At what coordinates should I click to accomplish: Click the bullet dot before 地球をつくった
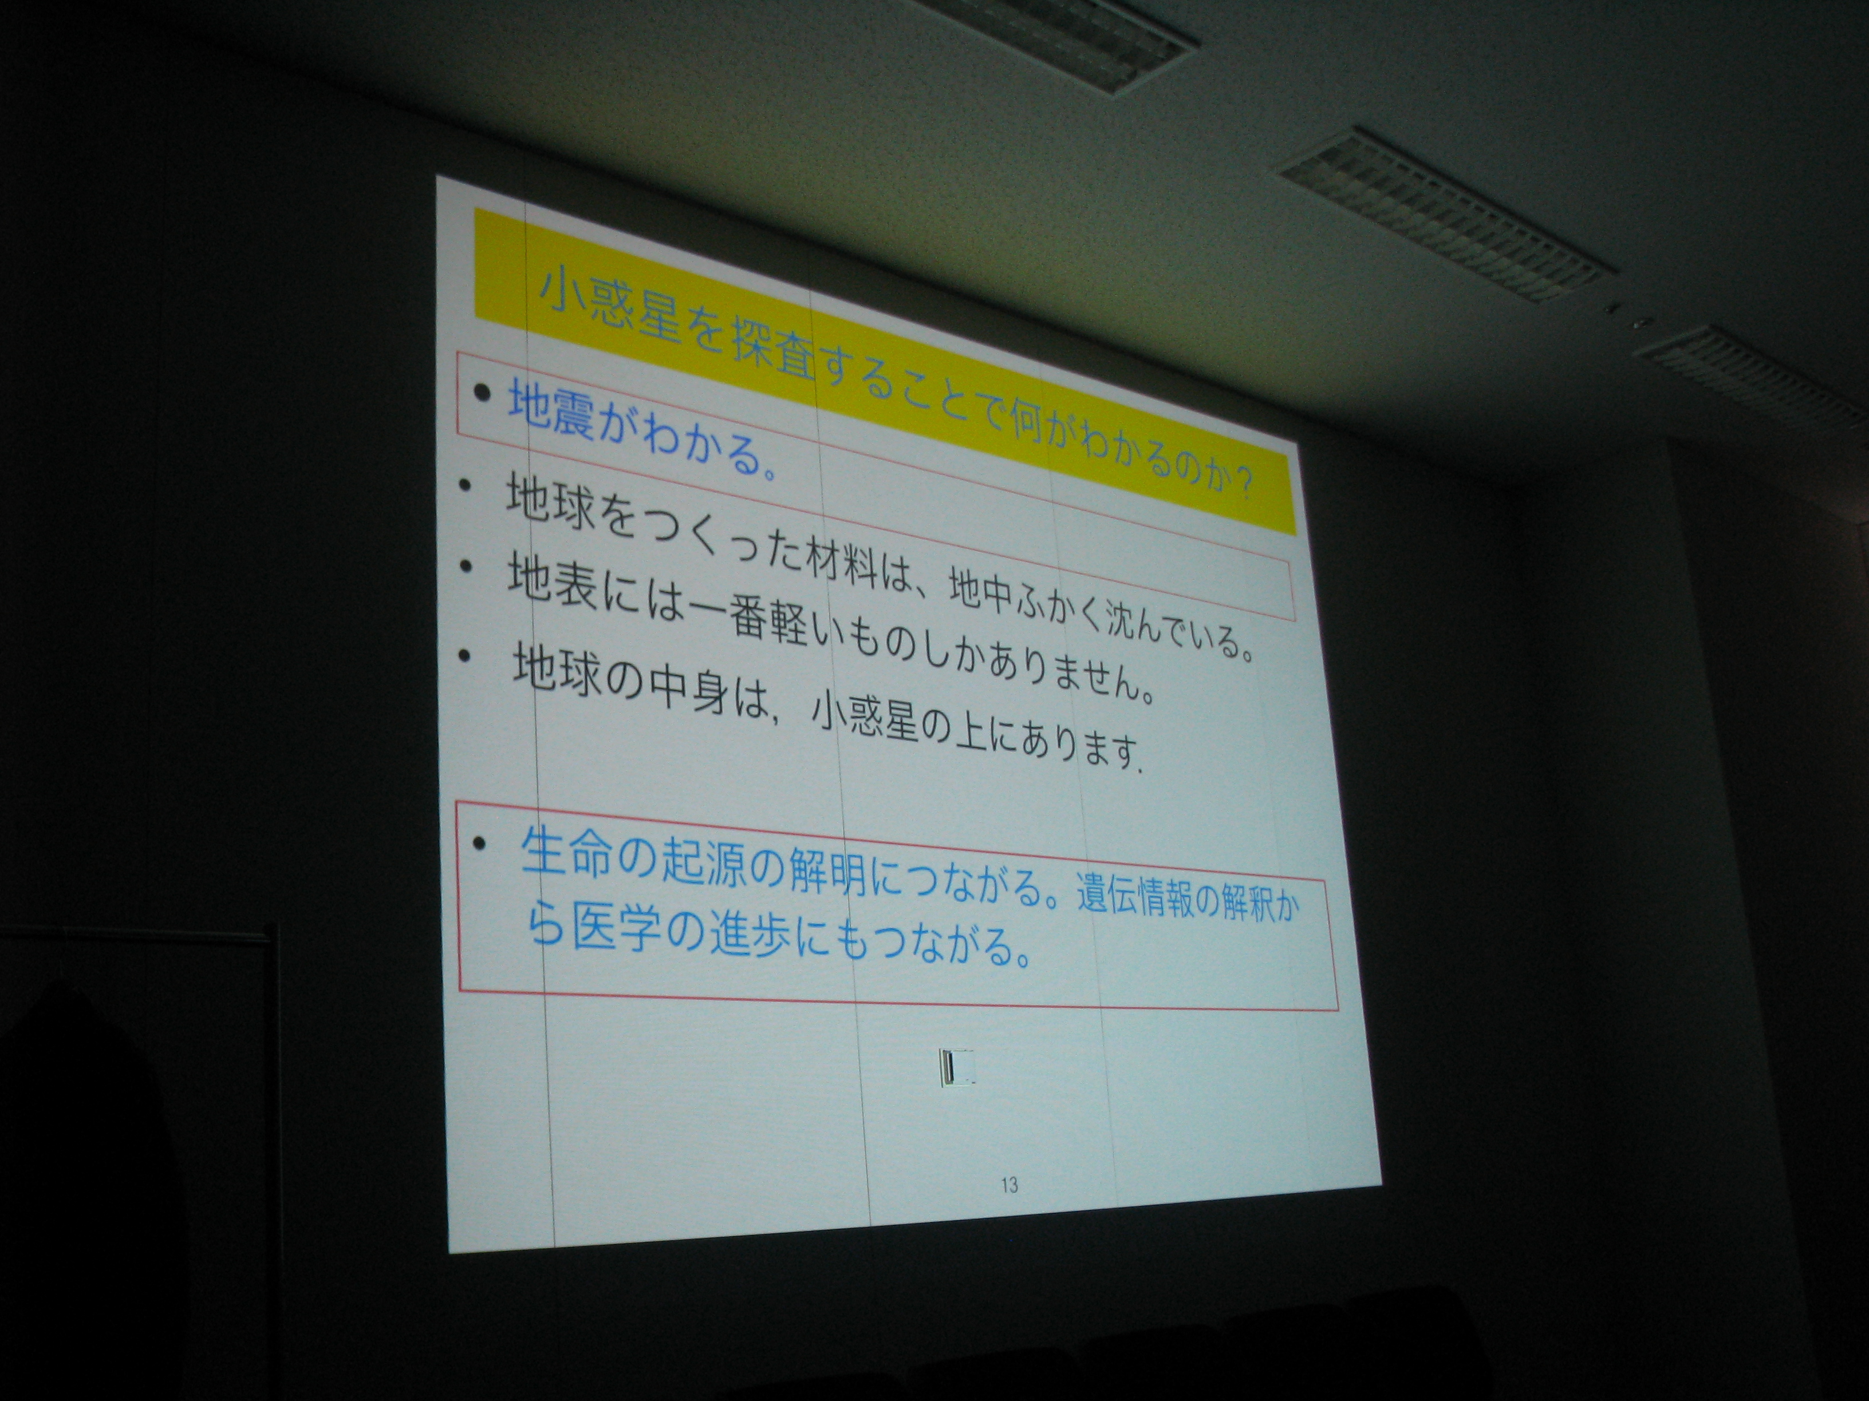[x=465, y=487]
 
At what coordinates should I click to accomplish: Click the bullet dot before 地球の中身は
[x=463, y=655]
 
